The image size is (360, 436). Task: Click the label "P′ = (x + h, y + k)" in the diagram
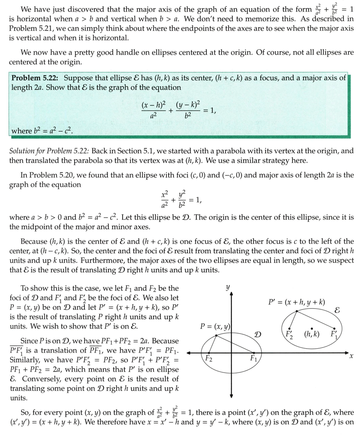pos(297,302)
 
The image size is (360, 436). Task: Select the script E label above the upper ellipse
pos(337,311)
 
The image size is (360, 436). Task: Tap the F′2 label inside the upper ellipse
pos(289,334)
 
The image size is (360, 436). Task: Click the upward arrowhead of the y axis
pos(232,293)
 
